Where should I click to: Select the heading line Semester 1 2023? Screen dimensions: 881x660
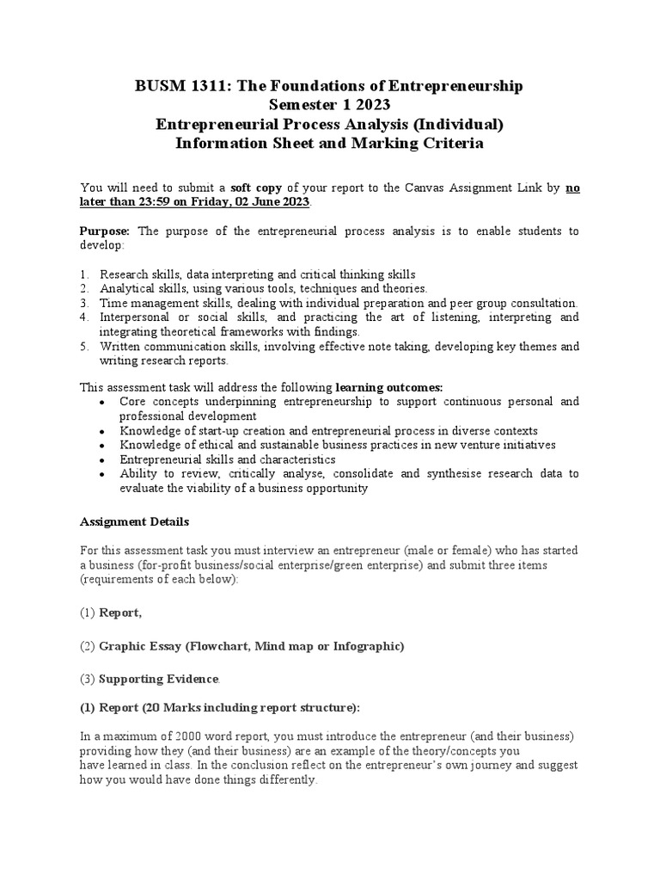pos(329,105)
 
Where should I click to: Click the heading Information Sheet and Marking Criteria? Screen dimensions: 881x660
pos(329,144)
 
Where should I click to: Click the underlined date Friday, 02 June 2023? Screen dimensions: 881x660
pos(254,201)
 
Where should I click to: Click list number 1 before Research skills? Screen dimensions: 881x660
pos(84,274)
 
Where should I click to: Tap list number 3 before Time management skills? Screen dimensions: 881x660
pos(84,303)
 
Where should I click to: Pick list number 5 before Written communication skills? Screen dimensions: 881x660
pos(84,346)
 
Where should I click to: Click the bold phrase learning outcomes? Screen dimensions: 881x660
pos(388,387)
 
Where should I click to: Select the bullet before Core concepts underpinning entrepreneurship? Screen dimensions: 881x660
pos(103,403)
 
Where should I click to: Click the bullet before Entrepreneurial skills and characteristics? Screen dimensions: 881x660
pos(103,460)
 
